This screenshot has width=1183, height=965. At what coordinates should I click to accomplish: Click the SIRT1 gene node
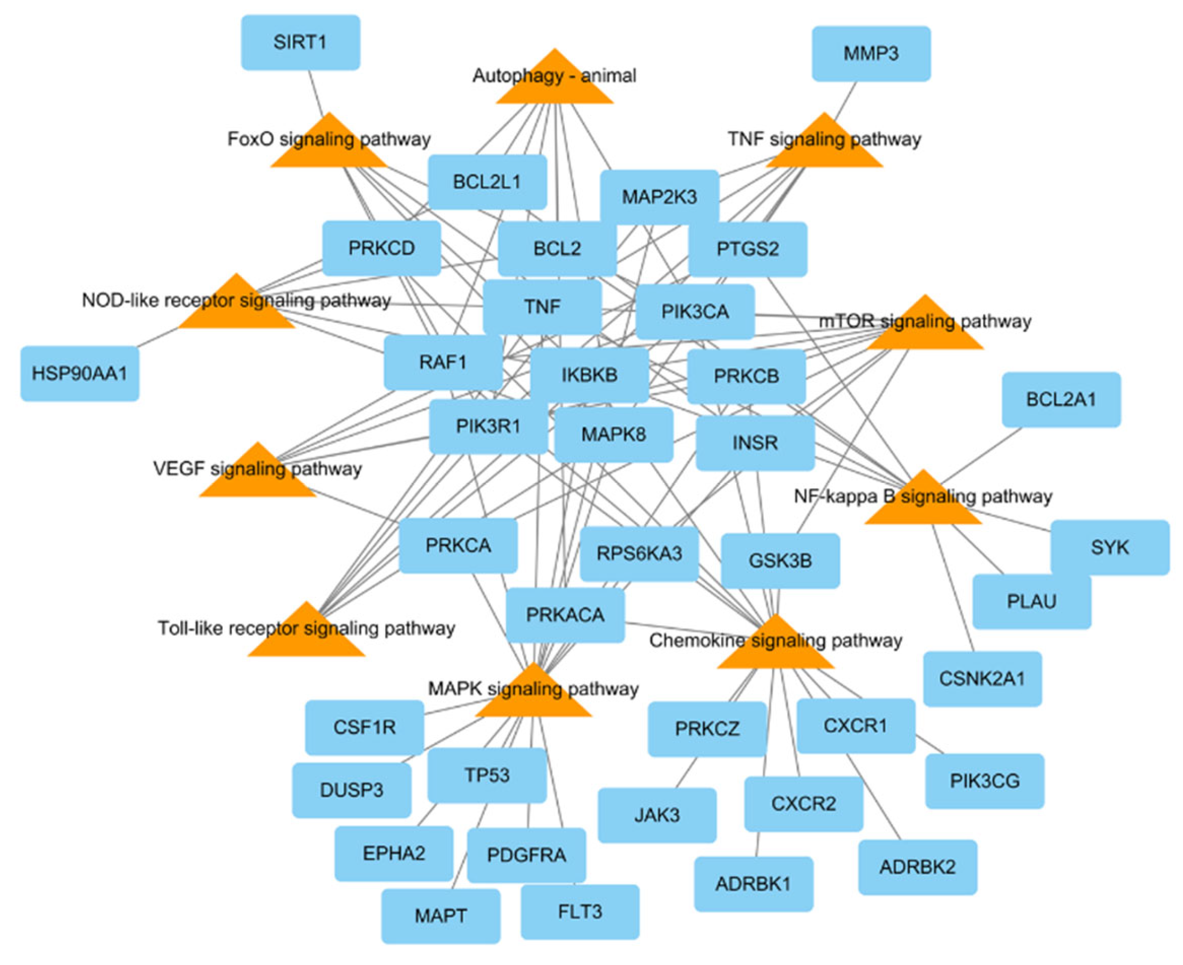(300, 43)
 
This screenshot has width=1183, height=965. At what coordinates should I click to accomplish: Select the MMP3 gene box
(871, 54)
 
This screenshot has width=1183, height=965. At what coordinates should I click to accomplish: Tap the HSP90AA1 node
(79, 374)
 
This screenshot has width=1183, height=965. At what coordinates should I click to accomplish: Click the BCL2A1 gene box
(1061, 399)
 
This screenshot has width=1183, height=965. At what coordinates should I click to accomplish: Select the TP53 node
(487, 775)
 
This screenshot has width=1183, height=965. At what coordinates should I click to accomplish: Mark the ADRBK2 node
(917, 867)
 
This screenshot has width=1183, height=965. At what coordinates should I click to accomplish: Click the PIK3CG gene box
(984, 781)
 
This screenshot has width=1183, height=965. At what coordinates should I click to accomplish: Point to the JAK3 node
(657, 816)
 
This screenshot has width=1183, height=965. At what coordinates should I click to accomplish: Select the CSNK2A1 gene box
(982, 679)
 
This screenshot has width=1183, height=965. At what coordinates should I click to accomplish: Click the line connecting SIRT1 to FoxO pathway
(316, 93)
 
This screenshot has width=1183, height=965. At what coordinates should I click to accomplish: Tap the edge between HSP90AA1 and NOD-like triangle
(158, 337)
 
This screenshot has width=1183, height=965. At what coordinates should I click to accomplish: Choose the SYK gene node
(1110, 548)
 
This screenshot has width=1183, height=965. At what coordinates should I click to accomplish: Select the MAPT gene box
(441, 915)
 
